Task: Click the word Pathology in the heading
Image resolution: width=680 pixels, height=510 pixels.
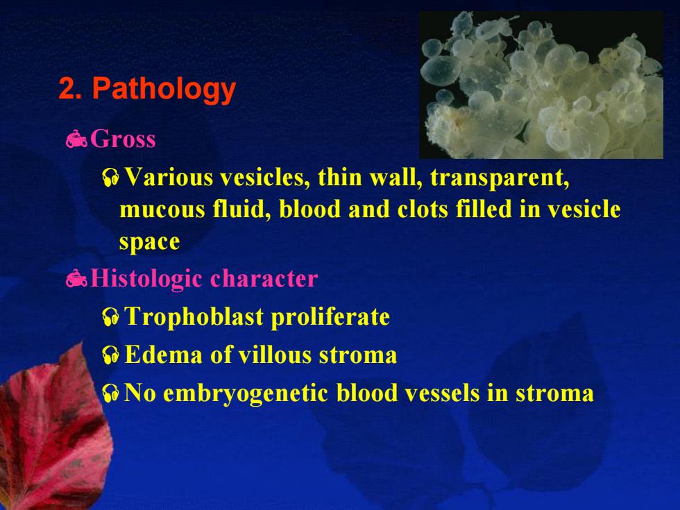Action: [x=164, y=90]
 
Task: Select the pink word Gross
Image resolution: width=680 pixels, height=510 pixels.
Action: [x=123, y=139]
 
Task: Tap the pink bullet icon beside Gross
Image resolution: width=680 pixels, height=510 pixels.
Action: [x=76, y=139]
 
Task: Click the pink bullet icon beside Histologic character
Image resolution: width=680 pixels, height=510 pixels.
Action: [x=76, y=278]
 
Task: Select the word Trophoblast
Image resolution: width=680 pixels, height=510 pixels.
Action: [x=194, y=316]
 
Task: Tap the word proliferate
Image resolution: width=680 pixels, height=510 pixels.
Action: [x=330, y=317]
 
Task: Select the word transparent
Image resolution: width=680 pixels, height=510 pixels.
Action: [x=500, y=178]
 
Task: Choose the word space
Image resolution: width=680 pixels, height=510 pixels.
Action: [x=150, y=242]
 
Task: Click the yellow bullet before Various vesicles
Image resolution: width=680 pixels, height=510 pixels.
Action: [x=111, y=178]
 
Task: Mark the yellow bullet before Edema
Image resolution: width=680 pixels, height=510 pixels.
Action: [x=111, y=355]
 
